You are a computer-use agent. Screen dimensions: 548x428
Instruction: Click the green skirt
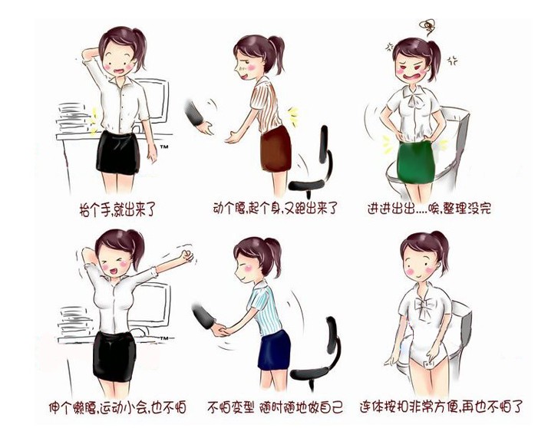pyautogui.click(x=415, y=162)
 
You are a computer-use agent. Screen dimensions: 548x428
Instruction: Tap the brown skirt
pyautogui.click(x=276, y=150)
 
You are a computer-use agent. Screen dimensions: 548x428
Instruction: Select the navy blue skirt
pyautogui.click(x=274, y=350)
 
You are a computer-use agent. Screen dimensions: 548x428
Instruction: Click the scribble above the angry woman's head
pyautogui.click(x=427, y=28)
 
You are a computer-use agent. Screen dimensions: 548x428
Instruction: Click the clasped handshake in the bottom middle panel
pyautogui.click(x=220, y=330)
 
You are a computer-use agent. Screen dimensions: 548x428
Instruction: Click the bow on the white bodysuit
pyautogui.click(x=423, y=308)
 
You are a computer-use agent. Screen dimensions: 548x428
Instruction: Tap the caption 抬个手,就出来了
pyautogui.click(x=117, y=209)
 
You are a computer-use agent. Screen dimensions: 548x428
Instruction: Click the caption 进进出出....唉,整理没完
pyautogui.click(x=429, y=208)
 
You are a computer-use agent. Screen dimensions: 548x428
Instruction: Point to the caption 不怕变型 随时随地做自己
pyautogui.click(x=275, y=407)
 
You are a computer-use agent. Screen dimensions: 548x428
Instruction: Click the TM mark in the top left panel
pyautogui.click(x=164, y=147)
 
